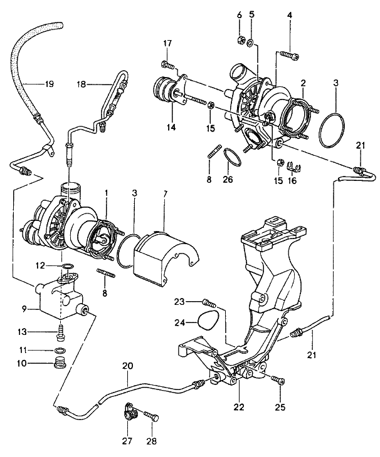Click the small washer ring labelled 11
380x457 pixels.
60,349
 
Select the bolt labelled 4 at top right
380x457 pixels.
288,55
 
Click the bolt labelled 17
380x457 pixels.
168,64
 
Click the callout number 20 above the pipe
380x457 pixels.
127,365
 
